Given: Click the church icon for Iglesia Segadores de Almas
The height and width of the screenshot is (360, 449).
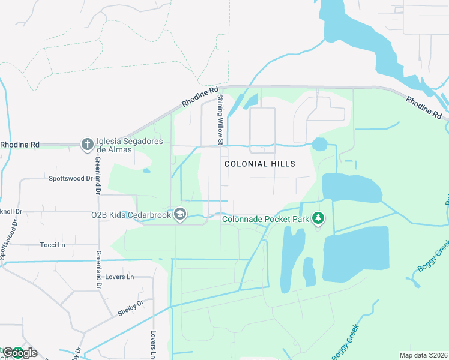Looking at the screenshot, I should click(87, 144).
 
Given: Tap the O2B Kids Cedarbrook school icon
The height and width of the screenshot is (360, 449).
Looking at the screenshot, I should click(179, 214).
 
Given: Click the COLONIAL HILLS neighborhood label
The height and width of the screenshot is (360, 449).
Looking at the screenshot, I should click(260, 163).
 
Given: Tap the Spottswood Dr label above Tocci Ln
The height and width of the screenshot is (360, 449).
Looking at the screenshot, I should click(71, 178).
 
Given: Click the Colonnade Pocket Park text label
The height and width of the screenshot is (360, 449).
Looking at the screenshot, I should click(265, 219).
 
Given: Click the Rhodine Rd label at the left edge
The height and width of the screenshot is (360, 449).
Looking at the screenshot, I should click(20, 145).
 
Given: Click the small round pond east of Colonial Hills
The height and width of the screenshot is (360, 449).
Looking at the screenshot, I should click(320, 145).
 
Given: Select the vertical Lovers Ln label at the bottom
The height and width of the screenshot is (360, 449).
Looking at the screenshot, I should click(153, 344).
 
